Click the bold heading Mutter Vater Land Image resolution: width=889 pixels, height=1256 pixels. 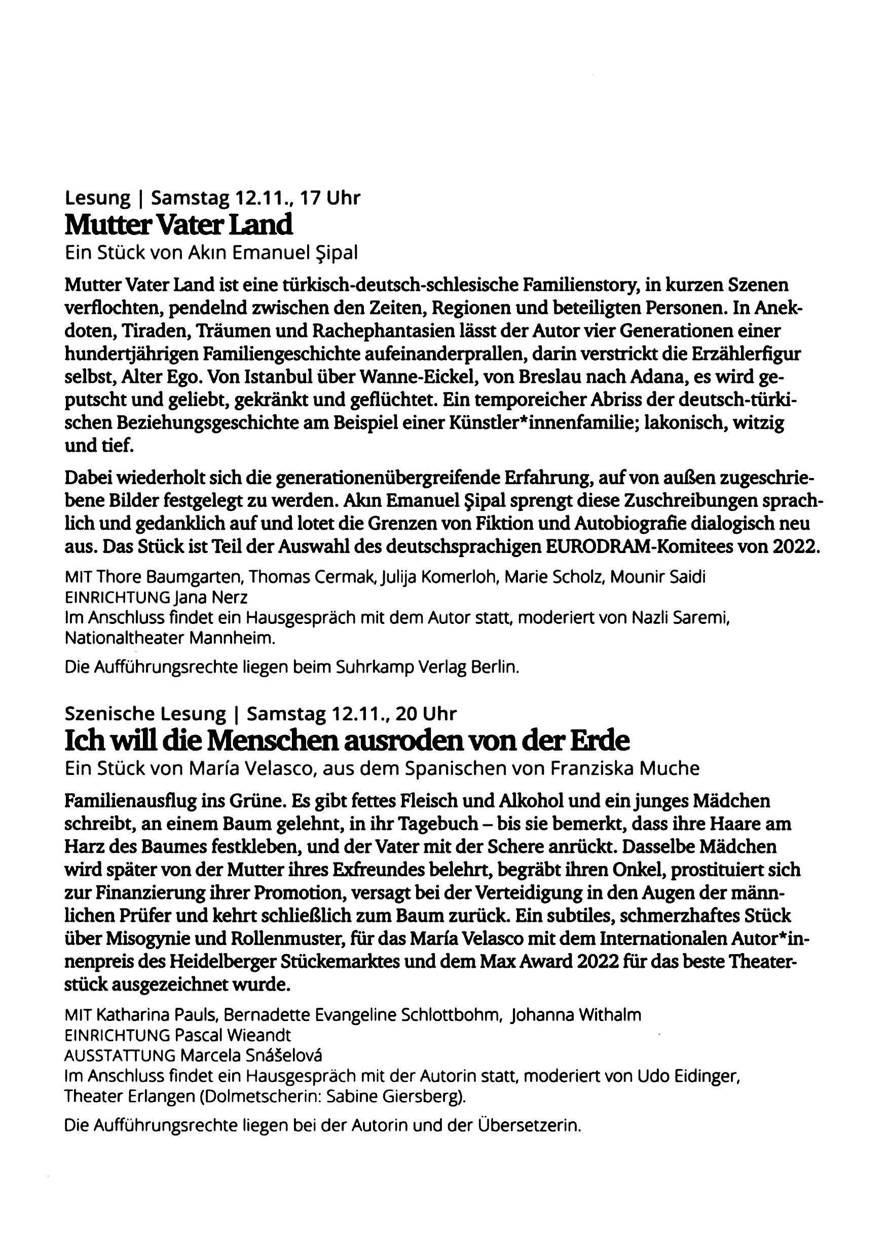pos(178,225)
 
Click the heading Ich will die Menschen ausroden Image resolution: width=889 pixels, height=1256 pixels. pos(347,741)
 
